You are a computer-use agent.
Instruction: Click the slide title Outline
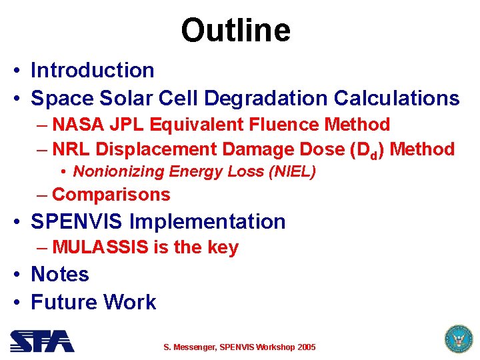pyautogui.click(x=235, y=30)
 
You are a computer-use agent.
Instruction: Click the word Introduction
pyautogui.click(x=93, y=70)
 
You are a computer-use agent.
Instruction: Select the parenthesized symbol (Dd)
pyautogui.click(x=367, y=150)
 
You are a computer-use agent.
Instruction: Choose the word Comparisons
pyautogui.click(x=111, y=195)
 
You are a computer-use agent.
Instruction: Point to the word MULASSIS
pyautogui.click(x=101, y=247)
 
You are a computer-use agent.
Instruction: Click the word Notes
pyautogui.click(x=60, y=274)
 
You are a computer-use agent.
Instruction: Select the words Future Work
pyautogui.click(x=93, y=302)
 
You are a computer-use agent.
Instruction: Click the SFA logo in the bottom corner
pyautogui.click(x=41, y=341)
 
